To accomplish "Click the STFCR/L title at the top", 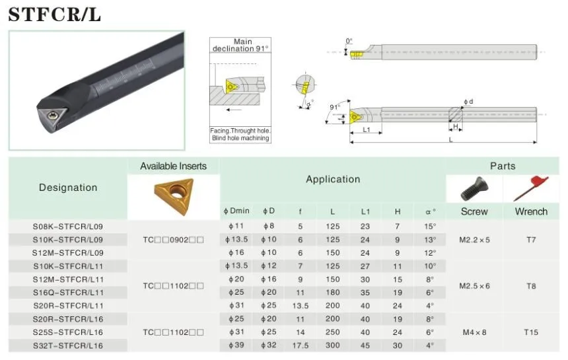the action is [x=54, y=15].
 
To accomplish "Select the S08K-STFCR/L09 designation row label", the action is [x=68, y=227].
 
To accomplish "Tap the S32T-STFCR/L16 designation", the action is [x=68, y=345].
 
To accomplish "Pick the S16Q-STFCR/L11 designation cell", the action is [x=68, y=293].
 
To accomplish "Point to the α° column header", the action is [x=431, y=211].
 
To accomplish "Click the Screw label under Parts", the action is [x=474, y=211].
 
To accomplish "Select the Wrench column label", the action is [x=531, y=211].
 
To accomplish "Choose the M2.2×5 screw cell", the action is [x=474, y=240].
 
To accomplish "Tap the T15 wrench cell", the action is [x=531, y=332].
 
